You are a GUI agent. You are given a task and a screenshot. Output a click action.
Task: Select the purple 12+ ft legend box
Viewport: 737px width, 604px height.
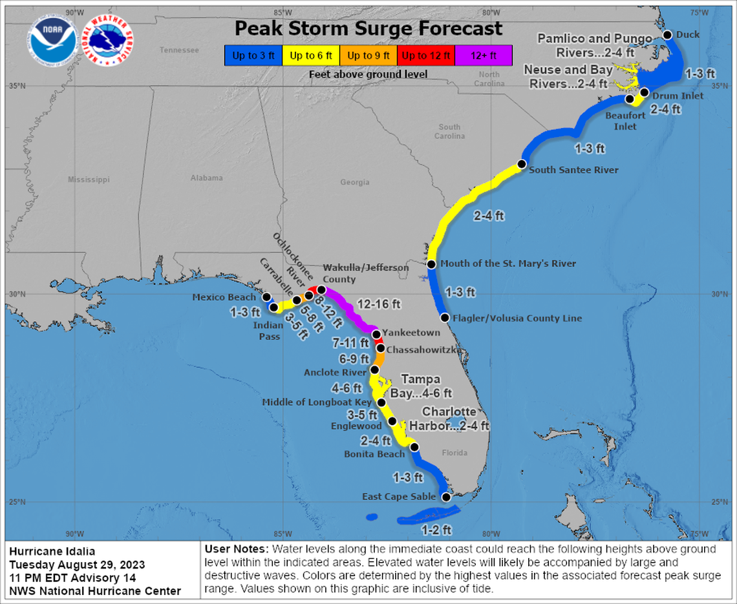[x=484, y=56]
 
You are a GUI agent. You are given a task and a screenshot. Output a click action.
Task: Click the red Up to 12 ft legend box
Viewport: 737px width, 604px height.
[x=426, y=56]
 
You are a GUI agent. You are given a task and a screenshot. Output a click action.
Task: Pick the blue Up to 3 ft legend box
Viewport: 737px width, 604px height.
[x=253, y=56]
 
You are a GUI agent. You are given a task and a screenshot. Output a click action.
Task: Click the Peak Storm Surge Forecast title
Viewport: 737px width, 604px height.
[x=368, y=29]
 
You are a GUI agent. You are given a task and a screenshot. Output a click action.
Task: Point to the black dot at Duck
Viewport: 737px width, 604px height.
[x=668, y=36]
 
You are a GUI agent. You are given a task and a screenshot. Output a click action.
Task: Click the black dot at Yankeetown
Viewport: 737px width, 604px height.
[x=377, y=334]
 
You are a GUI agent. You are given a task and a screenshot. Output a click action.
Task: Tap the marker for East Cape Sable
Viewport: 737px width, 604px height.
[x=445, y=497]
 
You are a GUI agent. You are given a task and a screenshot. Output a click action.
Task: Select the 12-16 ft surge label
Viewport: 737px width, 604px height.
[x=379, y=304]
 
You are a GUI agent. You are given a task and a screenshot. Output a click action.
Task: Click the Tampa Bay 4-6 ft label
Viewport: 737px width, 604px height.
[x=421, y=386]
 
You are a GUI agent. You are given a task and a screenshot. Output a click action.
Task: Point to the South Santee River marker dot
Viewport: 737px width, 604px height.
[x=522, y=164]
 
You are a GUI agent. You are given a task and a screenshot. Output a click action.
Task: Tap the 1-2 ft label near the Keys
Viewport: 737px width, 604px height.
[x=436, y=530]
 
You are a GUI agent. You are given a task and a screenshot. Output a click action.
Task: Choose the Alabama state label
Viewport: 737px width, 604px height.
[x=206, y=178]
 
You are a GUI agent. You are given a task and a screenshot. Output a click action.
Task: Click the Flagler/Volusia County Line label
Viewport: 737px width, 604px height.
[x=517, y=318]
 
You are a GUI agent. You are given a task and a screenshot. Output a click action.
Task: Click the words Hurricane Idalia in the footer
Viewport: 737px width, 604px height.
[x=52, y=551]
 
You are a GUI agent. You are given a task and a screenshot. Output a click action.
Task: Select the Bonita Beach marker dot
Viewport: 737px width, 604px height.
[x=414, y=447]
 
